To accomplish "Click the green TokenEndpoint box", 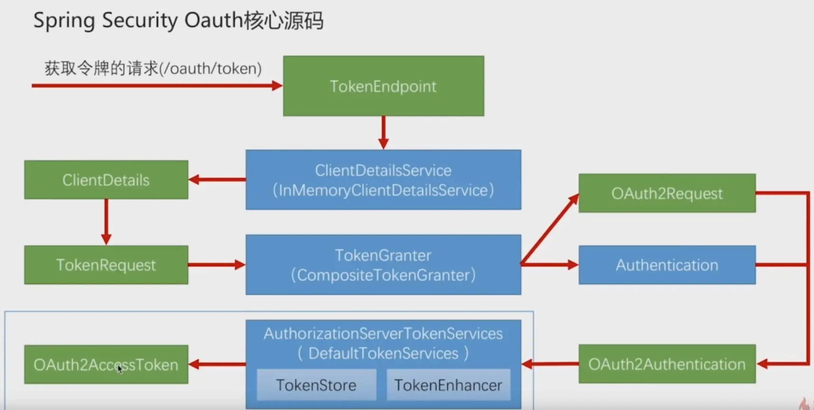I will pos(383,86).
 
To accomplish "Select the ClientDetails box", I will pos(106,180).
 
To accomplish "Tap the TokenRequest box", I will pos(106,265).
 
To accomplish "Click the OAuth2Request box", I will pos(666,193).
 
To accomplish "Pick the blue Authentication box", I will pos(666,265).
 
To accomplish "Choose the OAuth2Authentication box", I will pos(666,364).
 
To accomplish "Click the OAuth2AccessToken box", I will pos(106,364).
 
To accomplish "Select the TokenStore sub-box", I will pos(316,385).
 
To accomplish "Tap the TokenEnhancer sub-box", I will pos(448,385).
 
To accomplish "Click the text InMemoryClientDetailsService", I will pos(383,190).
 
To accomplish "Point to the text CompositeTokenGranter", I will pos(383,275).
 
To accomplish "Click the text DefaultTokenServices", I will pos(383,354).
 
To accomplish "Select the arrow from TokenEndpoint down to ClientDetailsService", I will pos(383,132).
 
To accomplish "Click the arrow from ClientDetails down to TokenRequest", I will pos(106,221).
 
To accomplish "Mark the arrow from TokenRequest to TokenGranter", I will pos(216,265).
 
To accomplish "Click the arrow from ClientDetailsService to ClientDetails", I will pos(217,180).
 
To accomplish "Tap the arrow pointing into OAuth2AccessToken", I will pos(217,364).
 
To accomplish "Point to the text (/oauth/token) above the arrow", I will pos(210,69).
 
